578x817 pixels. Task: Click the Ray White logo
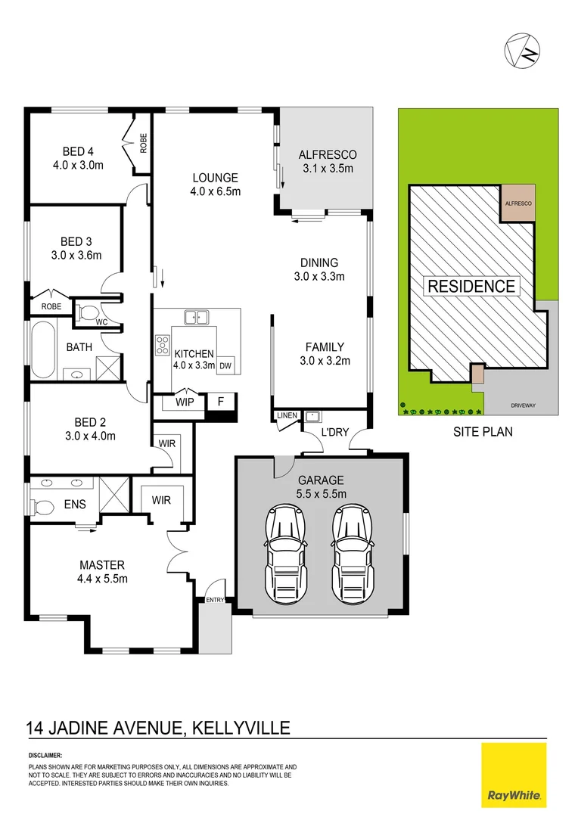point(514,775)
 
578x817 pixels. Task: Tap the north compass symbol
point(522,51)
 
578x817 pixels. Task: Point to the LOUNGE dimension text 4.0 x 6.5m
point(215,191)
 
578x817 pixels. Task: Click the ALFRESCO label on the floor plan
point(327,154)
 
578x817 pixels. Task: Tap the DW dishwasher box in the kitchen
point(225,365)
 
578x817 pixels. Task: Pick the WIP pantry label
point(185,402)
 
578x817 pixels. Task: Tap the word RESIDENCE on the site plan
point(471,286)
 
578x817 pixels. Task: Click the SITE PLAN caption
point(483,433)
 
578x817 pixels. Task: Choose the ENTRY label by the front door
point(216,600)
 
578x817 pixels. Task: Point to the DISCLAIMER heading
point(45,755)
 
